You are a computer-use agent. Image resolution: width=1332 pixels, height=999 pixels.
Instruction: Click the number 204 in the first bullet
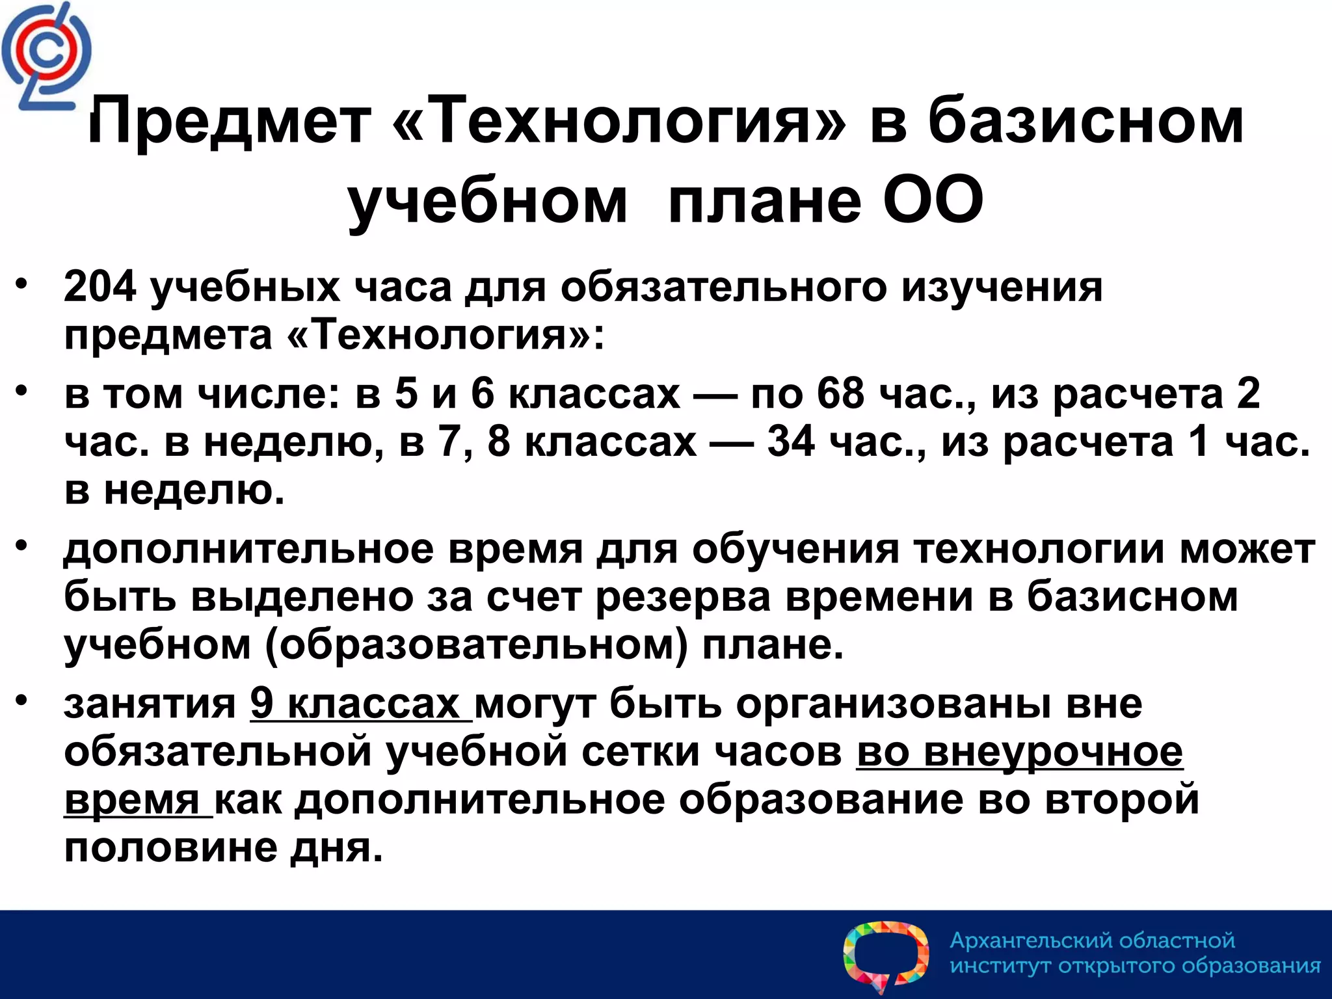pyautogui.click(x=100, y=286)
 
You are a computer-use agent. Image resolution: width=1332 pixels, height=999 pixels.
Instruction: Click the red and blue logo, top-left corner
pyautogui.click(x=46, y=56)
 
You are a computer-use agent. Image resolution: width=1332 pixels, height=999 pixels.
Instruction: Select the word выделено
pyautogui.click(x=302, y=596)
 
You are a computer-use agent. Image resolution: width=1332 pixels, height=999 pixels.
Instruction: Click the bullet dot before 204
pyautogui.click(x=23, y=283)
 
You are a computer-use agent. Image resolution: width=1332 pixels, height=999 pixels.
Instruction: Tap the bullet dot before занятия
pyautogui.click(x=23, y=700)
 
